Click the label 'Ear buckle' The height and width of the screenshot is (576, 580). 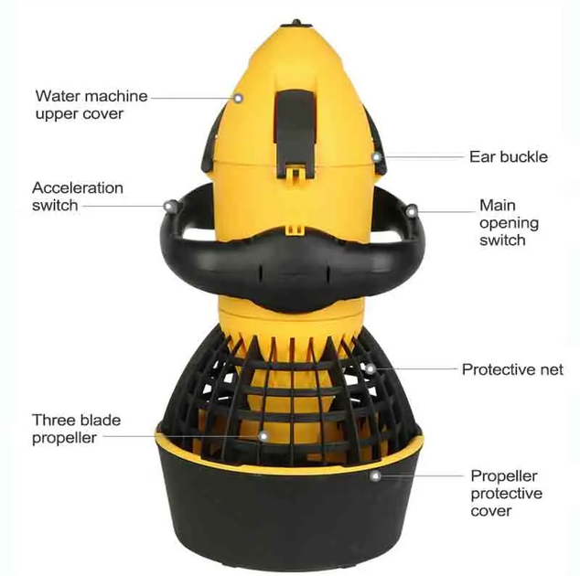coord(509,156)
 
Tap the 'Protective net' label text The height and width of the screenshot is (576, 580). coord(512,369)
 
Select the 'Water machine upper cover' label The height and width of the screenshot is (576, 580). coord(91,104)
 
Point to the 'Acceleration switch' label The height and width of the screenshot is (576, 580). coord(78,197)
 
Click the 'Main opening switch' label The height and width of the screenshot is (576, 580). coord(509,222)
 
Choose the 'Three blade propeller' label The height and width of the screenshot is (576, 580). coord(76,429)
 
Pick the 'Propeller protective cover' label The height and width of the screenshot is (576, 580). coord(507,493)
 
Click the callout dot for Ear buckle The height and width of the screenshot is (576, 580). coord(377,157)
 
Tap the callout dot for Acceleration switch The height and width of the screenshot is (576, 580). coord(170,206)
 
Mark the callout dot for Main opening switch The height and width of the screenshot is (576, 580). coord(411,212)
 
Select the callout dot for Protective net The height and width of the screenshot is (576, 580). coord(371,368)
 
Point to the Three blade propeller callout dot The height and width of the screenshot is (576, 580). coord(263,436)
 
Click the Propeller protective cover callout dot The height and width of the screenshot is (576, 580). coord(375,475)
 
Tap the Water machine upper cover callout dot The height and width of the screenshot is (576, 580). coord(238,99)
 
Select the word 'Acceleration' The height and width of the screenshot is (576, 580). coord(78,187)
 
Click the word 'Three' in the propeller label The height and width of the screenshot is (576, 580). coord(50,420)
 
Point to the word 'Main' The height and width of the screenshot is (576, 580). coord(498,205)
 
